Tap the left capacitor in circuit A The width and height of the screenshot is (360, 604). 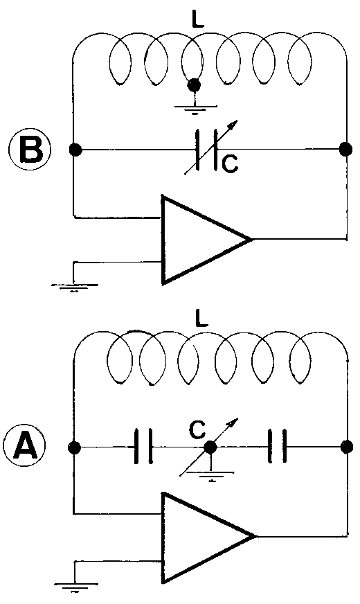click(x=145, y=447)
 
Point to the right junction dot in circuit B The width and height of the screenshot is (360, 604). click(x=344, y=149)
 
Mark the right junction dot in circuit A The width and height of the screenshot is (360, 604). click(x=344, y=447)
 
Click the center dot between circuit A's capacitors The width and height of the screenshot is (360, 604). click(x=210, y=448)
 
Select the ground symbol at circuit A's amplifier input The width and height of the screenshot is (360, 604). click(x=71, y=589)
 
